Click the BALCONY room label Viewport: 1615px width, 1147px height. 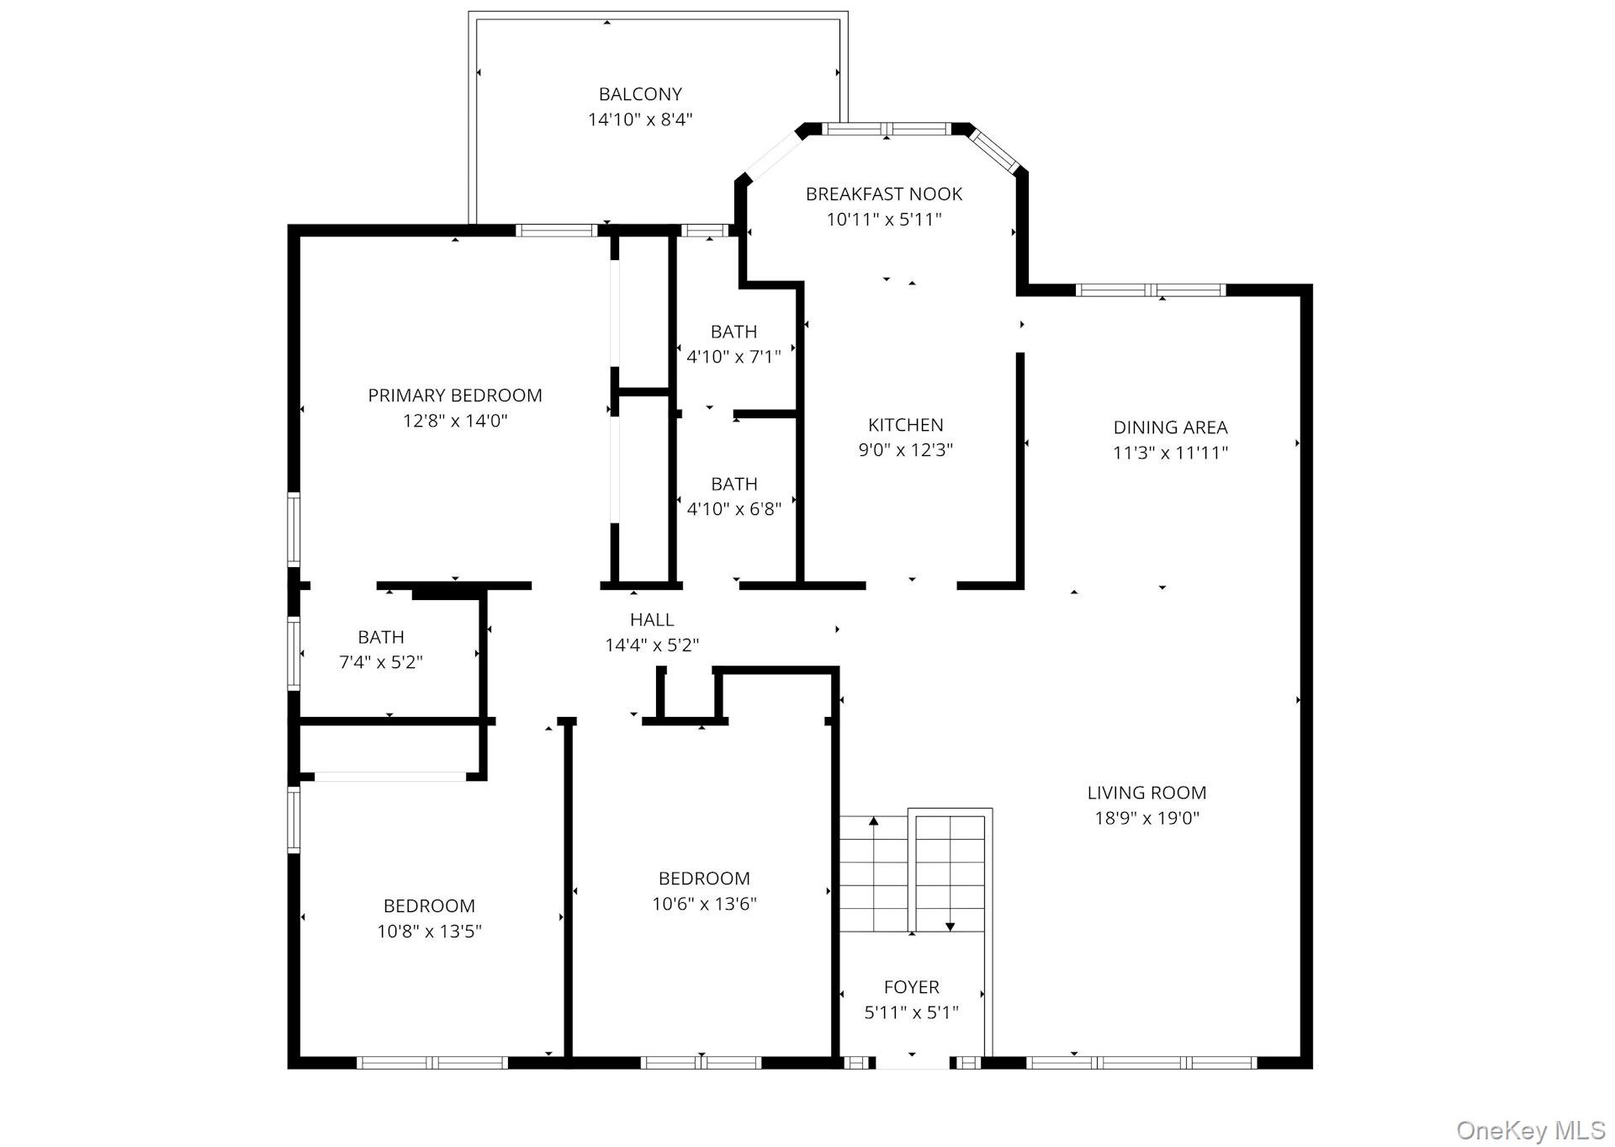pyautogui.click(x=640, y=94)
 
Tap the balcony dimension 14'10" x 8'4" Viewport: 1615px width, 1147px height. pyautogui.click(x=640, y=119)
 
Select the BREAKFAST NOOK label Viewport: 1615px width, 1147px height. pyautogui.click(x=884, y=194)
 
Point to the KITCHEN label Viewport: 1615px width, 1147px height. pyautogui.click(x=906, y=425)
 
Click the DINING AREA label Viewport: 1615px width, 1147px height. pyautogui.click(x=1171, y=427)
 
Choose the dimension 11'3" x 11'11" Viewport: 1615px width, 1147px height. pyautogui.click(x=1171, y=453)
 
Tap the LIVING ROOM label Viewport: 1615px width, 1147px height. pyautogui.click(x=1147, y=793)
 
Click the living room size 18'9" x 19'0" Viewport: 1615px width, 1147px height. pyautogui.click(x=1147, y=818)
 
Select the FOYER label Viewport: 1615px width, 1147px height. pyautogui.click(x=912, y=987)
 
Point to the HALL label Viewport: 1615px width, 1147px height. pyautogui.click(x=652, y=620)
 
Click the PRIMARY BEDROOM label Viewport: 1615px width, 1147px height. pyautogui.click(x=455, y=396)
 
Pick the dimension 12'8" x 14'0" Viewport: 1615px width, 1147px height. pyautogui.click(x=455, y=421)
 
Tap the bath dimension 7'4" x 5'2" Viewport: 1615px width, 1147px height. pyautogui.click(x=381, y=662)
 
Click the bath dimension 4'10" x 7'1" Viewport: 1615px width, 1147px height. pyautogui.click(x=734, y=357)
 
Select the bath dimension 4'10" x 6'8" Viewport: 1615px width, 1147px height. pyautogui.click(x=734, y=509)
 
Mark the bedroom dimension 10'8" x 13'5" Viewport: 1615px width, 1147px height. pyautogui.click(x=430, y=932)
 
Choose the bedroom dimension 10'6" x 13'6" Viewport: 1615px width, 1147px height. pyautogui.click(x=705, y=904)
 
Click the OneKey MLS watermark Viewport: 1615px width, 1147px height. pyautogui.click(x=1531, y=1131)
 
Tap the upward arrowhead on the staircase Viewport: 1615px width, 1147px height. pyautogui.click(x=874, y=820)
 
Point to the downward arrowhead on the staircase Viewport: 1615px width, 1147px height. pyautogui.click(x=950, y=927)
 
